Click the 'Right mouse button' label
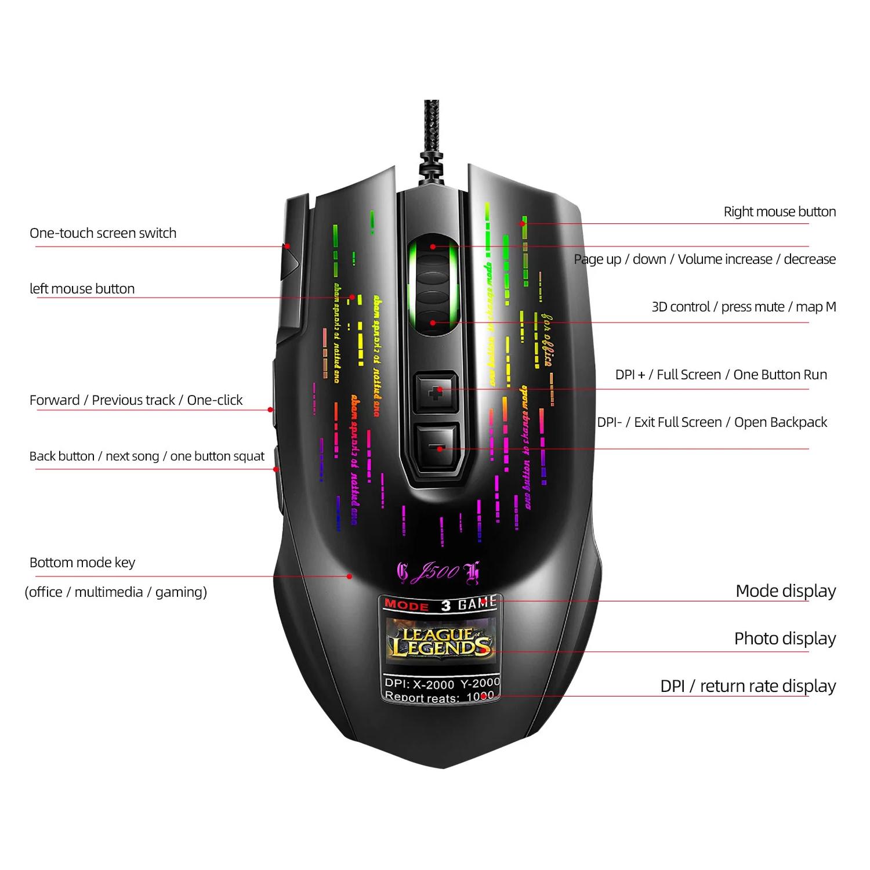pos(780,212)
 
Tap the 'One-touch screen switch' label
pos(103,233)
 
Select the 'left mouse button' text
pos(82,289)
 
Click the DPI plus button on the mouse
pos(436,393)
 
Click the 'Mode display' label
pos(785,591)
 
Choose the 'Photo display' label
pos(785,639)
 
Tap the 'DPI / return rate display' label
pos(748,686)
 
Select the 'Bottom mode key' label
pos(82,563)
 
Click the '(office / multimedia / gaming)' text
pos(115,592)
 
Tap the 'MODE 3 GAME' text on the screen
pos(440,604)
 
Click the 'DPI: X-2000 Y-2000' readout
pos(441,683)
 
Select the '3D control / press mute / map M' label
pos(744,307)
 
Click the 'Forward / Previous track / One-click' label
pos(136,400)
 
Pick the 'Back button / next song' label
pos(147,456)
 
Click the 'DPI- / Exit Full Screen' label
pos(712,422)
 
